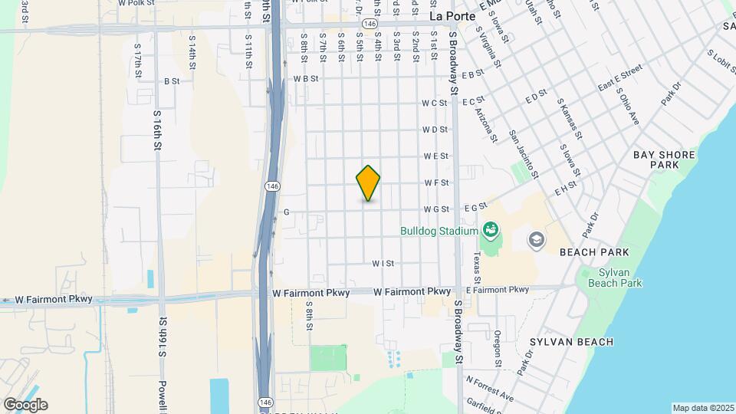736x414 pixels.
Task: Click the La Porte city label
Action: [452, 15]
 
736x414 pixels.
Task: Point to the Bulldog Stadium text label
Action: [438, 230]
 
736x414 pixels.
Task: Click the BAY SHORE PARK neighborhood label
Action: [664, 159]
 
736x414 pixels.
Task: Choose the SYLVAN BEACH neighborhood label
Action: [572, 342]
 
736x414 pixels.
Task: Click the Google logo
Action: [25, 405]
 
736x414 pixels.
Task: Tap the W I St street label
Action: [383, 263]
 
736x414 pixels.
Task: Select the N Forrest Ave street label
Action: [490, 389]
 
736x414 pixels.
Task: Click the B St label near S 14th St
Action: [172, 80]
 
